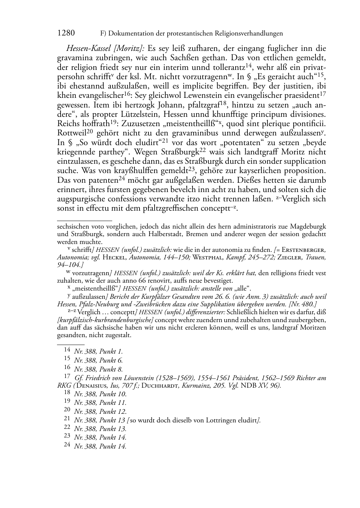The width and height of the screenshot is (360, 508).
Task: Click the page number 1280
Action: point(66,33)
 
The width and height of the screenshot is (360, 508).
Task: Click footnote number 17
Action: point(67,377)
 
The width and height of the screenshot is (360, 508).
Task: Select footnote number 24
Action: point(67,446)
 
